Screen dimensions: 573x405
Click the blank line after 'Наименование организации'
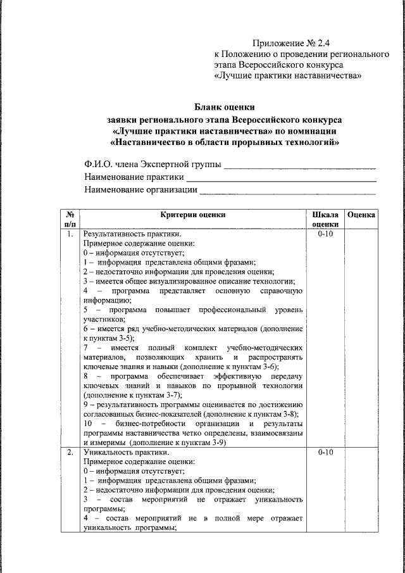[x=288, y=190]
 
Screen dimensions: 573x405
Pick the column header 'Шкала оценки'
[x=325, y=219]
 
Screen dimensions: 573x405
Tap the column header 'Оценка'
[x=362, y=215]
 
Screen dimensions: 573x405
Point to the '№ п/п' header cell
[x=70, y=219]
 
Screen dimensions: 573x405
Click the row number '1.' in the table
[x=70, y=234]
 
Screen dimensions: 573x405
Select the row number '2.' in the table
[x=70, y=453]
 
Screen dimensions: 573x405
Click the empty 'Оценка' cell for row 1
[x=362, y=336]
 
